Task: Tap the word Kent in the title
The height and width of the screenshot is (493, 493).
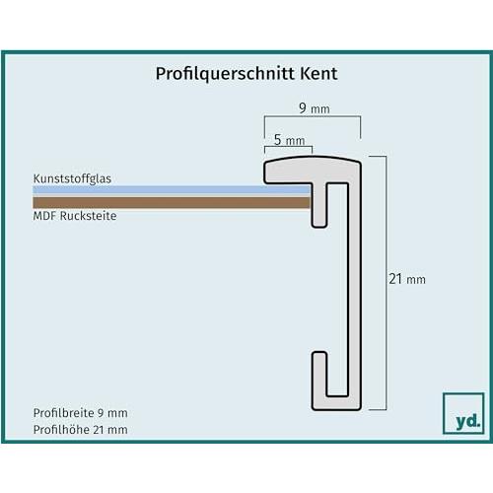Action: pyautogui.click(x=318, y=73)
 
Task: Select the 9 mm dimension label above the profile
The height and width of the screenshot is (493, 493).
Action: pyautogui.click(x=315, y=108)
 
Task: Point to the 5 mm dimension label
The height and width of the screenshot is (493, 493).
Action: pyautogui.click(x=289, y=140)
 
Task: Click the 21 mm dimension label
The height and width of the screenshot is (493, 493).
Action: pyautogui.click(x=407, y=279)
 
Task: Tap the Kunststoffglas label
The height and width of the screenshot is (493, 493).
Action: pyautogui.click(x=72, y=178)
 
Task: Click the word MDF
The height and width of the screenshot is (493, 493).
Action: pyautogui.click(x=44, y=216)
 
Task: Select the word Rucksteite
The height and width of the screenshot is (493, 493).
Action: pyautogui.click(x=89, y=216)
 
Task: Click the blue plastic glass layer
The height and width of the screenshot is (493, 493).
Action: pyautogui.click(x=172, y=189)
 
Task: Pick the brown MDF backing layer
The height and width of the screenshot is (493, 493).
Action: pyautogui.click(x=172, y=202)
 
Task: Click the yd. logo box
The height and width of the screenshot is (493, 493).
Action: pyautogui.click(x=463, y=413)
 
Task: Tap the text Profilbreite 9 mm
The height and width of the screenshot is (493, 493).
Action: pyautogui.click(x=81, y=413)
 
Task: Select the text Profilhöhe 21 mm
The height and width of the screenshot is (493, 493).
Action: pyautogui.click(x=81, y=429)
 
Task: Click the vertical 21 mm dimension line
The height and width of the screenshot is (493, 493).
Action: pyautogui.click(x=386, y=283)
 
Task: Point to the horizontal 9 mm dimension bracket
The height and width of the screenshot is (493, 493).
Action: pyautogui.click(x=313, y=115)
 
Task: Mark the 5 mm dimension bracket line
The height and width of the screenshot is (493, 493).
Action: pyautogui.click(x=288, y=147)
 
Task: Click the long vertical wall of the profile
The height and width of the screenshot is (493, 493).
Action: pyautogui.click(x=355, y=289)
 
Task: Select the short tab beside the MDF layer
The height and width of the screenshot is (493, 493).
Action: pyautogui.click(x=318, y=205)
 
